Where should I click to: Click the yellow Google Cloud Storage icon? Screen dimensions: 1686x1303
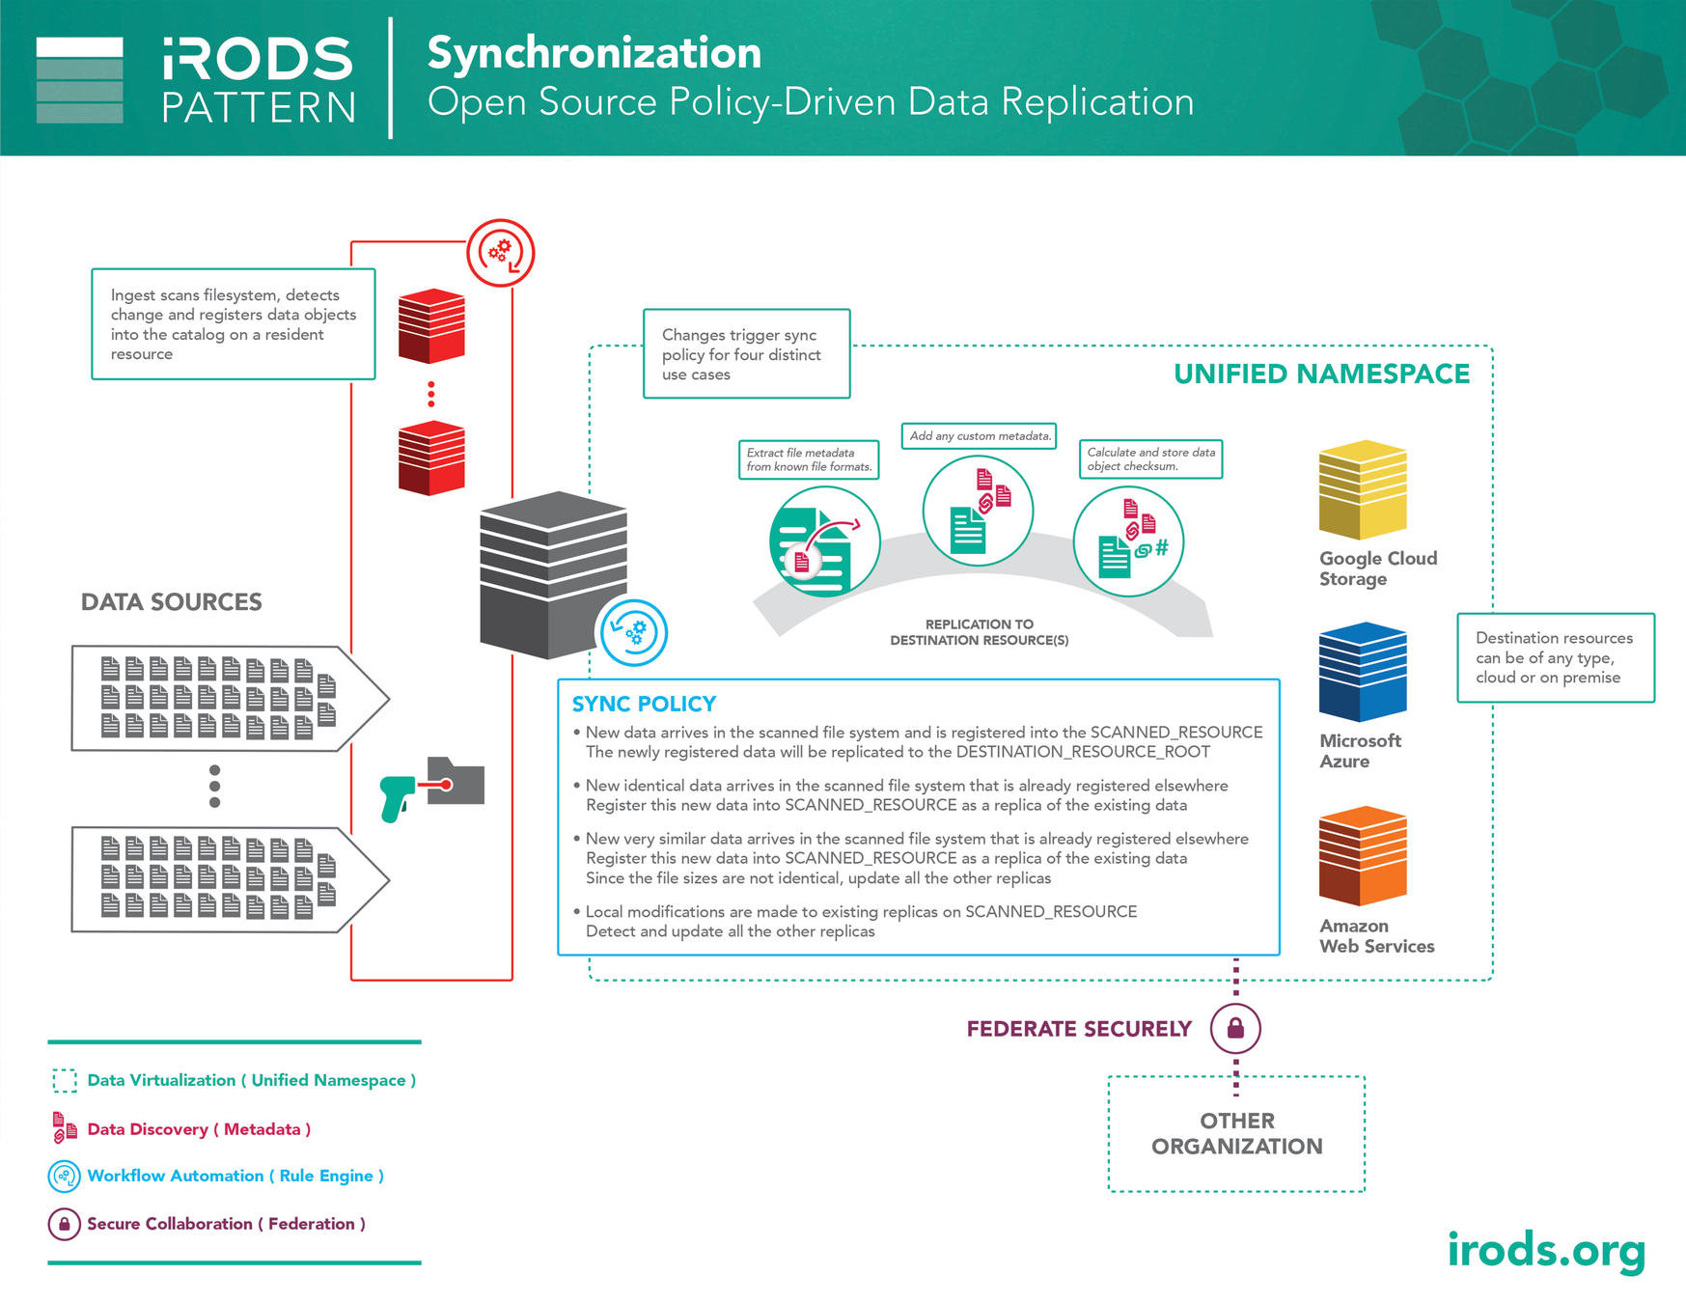point(1362,489)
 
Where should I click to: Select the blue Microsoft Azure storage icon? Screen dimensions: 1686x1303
point(1362,672)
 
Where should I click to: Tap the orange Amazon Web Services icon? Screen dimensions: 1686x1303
point(1362,856)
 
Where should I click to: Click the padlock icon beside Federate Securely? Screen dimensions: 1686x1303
point(1235,1028)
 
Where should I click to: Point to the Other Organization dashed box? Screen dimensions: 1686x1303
point(1236,1134)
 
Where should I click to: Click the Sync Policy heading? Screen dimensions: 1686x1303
point(644,704)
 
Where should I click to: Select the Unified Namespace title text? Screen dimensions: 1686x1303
point(1321,374)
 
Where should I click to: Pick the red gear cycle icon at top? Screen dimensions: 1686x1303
point(500,253)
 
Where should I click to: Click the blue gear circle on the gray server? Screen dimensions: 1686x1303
point(633,633)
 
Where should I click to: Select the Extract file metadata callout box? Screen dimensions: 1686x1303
point(809,459)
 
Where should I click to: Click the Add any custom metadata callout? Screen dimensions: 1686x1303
point(979,436)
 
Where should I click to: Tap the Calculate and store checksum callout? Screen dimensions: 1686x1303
point(1149,459)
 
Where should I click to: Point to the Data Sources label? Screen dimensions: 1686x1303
point(172,602)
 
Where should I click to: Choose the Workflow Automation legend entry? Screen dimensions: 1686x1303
point(235,1176)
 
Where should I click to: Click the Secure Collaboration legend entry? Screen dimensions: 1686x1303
point(226,1224)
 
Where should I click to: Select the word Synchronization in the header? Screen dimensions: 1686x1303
point(594,53)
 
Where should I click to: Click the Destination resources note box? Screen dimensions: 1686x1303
point(1555,657)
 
